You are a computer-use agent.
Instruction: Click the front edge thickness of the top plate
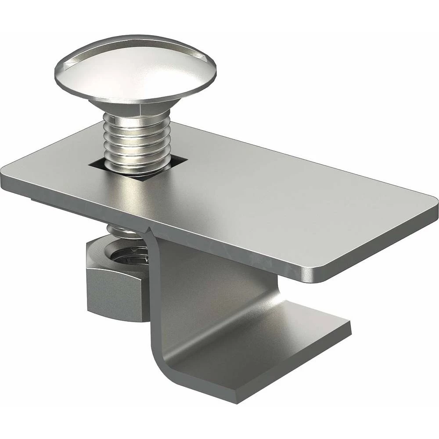point(176,228)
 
